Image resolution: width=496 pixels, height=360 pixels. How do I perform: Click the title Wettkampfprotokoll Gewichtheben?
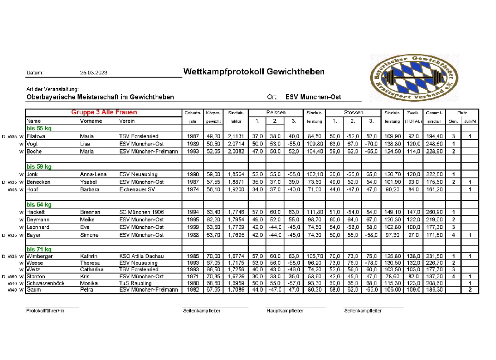254,72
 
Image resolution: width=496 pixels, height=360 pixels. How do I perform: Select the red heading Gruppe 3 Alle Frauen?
104,112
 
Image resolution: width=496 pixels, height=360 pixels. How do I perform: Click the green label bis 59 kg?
39,166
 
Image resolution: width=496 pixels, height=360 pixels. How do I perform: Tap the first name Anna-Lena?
93,174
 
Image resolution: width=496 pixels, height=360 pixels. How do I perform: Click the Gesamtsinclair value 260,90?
434,212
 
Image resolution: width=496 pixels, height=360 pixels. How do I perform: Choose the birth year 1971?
194,276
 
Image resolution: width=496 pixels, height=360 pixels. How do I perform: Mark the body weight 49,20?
213,136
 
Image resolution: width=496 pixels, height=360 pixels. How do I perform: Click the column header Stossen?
353,112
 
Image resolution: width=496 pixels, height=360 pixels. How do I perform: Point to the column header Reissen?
276,112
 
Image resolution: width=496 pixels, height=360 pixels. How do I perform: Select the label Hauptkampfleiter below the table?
285,311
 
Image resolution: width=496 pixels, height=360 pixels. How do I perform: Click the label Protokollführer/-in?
45,311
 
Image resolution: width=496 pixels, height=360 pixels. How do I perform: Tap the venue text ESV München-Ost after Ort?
313,97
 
